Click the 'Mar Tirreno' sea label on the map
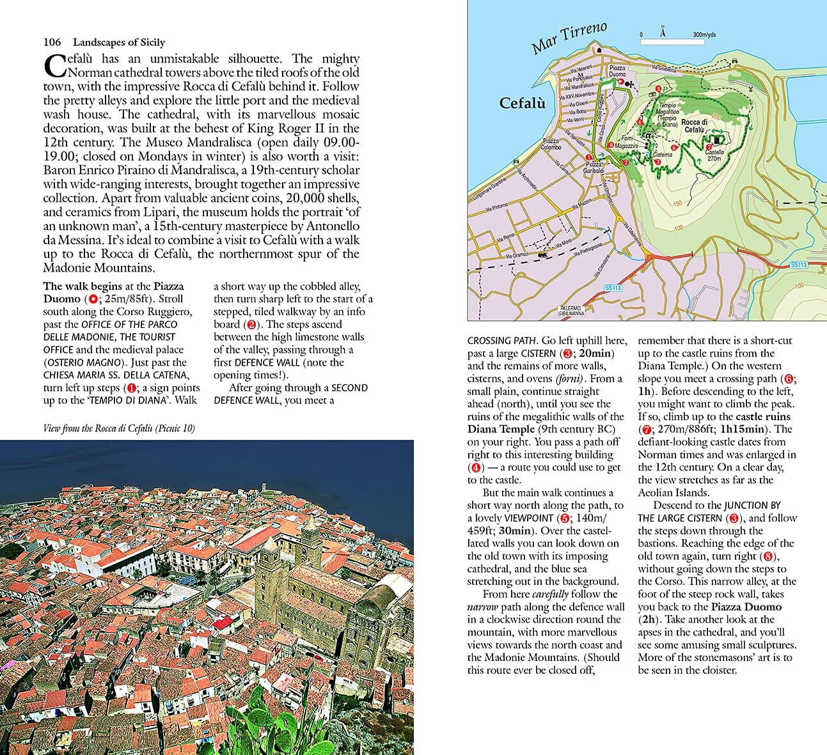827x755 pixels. click(569, 38)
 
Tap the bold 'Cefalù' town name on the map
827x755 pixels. click(522, 102)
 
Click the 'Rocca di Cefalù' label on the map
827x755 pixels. click(694, 126)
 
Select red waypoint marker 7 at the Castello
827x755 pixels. click(709, 147)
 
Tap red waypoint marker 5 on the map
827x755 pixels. click(659, 89)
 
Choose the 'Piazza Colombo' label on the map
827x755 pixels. click(551, 144)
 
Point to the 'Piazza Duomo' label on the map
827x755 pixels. click(617, 70)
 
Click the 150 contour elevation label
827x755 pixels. click(677, 204)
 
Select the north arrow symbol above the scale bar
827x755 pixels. click(663, 31)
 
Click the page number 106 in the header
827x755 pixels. click(52, 42)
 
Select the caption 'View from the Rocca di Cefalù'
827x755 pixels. click(119, 428)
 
